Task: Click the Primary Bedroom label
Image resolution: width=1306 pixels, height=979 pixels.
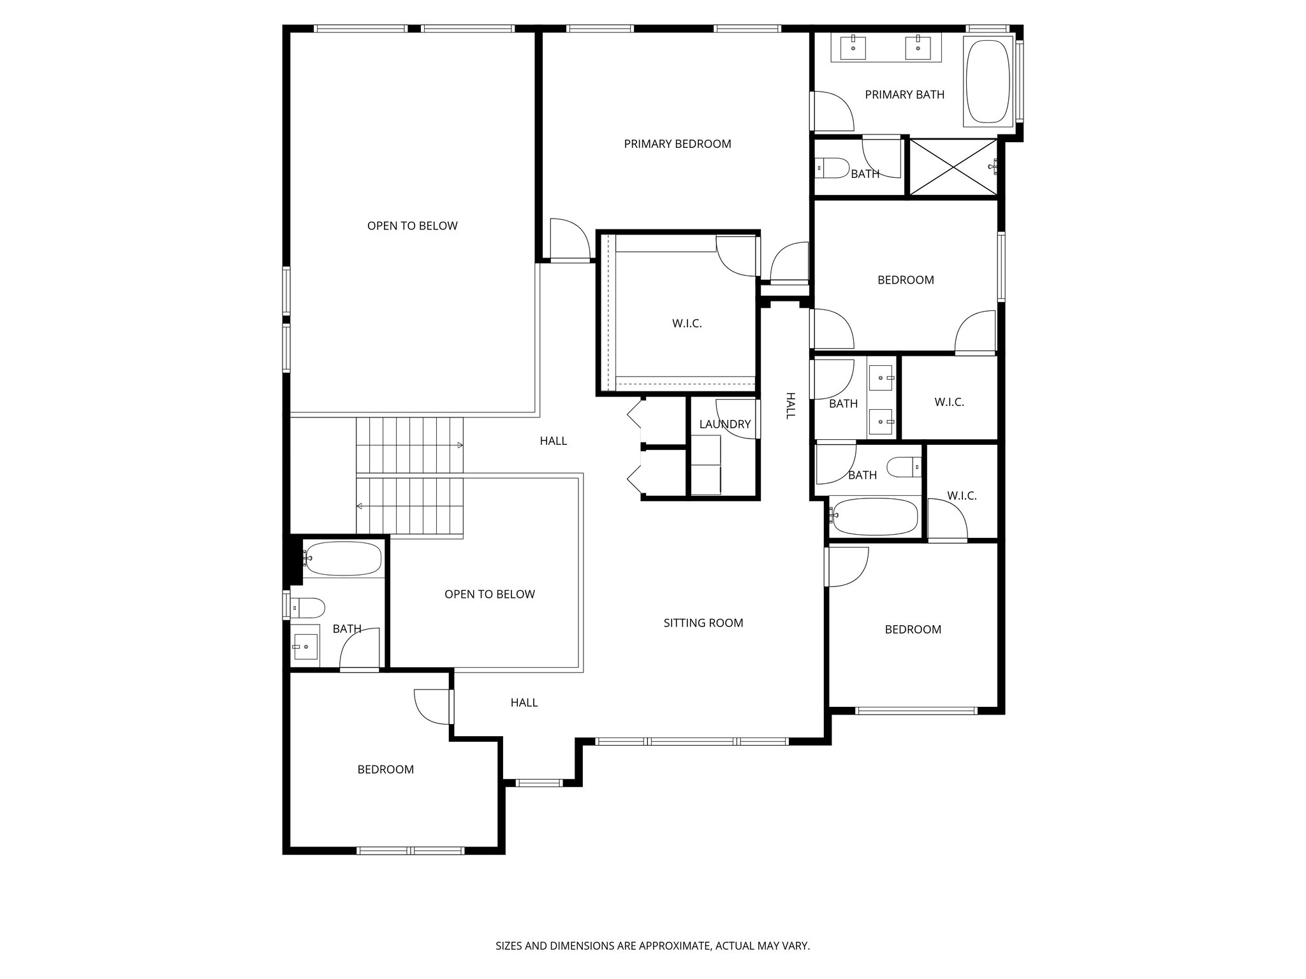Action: click(677, 144)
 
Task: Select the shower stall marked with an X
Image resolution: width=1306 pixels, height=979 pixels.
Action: click(952, 168)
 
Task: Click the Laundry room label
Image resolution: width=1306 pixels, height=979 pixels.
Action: click(725, 424)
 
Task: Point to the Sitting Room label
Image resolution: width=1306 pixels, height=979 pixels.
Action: click(703, 623)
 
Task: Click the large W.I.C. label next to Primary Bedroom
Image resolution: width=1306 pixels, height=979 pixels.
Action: click(687, 324)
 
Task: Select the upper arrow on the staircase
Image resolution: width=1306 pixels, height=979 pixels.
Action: click(459, 445)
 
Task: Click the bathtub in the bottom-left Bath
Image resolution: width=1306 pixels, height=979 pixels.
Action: click(343, 559)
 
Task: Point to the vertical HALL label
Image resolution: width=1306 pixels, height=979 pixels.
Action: click(790, 405)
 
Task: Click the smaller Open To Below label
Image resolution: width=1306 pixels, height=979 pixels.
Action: click(490, 595)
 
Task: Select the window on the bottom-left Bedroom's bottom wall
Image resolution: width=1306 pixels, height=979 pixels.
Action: click(410, 850)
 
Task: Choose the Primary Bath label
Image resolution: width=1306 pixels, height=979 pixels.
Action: click(904, 95)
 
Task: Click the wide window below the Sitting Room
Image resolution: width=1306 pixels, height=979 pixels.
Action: click(692, 741)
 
